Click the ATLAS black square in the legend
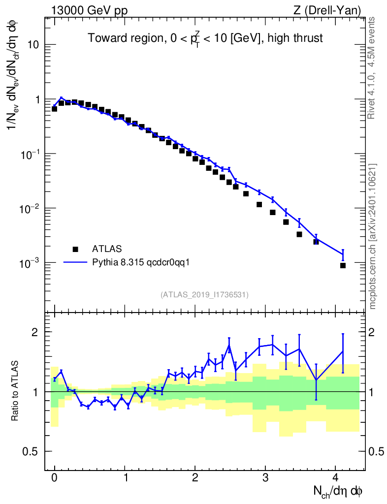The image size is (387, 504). tap(75, 249)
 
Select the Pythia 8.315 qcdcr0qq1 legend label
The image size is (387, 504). tap(140, 262)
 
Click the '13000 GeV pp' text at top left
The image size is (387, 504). tap(89, 10)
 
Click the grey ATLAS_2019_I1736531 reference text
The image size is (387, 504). tap(204, 294)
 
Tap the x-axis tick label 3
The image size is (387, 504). tap(265, 477)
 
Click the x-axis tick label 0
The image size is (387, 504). tap(55, 477)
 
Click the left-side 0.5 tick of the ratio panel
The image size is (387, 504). tap(32, 451)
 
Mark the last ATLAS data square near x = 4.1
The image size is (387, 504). tap(343, 265)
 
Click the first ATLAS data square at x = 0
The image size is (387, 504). tap(55, 108)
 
